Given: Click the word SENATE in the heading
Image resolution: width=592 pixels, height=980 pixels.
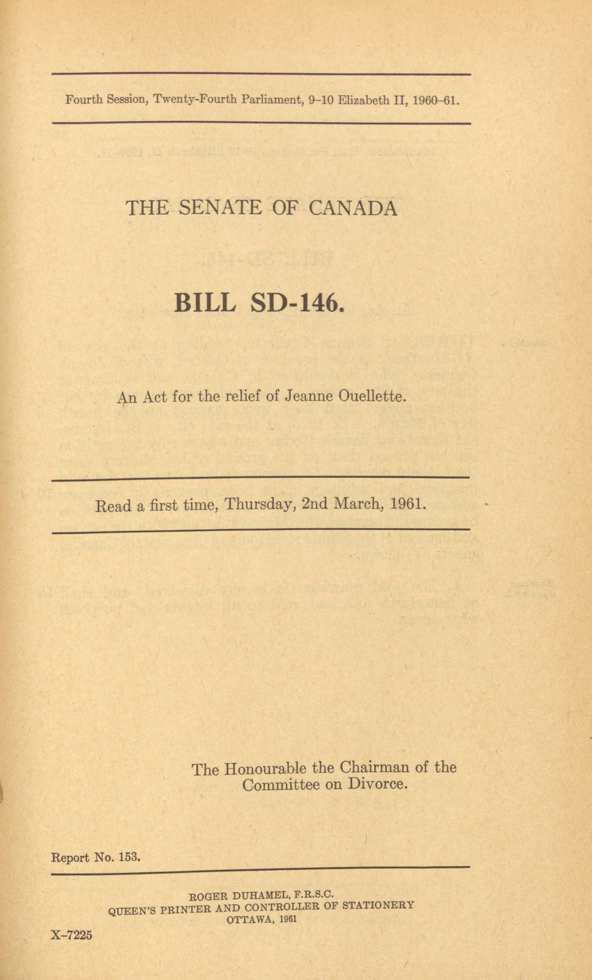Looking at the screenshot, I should point(220,208).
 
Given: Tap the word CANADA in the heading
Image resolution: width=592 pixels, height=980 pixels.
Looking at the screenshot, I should point(353,208).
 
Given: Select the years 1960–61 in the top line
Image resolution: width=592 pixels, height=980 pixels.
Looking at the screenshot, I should point(436,100).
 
